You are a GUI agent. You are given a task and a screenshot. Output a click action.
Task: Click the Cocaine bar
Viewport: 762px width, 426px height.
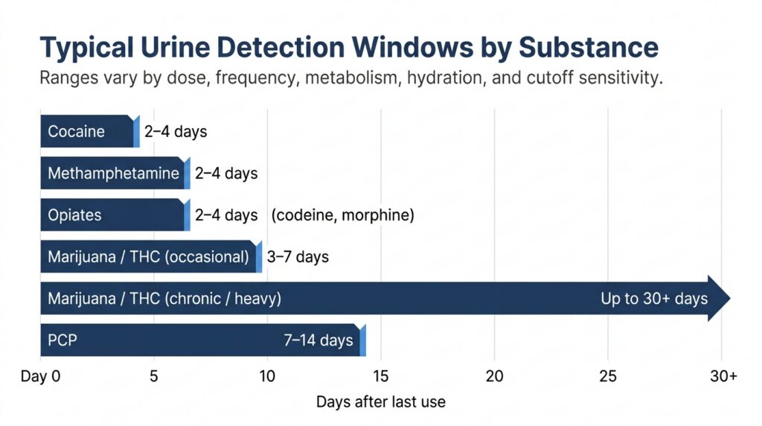[90, 131]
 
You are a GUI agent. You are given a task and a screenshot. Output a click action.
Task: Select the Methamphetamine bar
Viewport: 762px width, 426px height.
[115, 173]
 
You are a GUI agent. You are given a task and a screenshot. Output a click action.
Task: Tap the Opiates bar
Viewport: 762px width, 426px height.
[115, 215]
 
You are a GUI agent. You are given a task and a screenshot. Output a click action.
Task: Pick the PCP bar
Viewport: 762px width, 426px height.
[203, 340]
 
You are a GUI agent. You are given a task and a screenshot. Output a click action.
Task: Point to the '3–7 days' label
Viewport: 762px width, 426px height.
[298, 257]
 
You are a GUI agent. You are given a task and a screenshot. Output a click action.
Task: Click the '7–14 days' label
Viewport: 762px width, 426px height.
[318, 340]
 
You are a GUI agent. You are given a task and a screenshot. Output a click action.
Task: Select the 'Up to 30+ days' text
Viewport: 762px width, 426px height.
[654, 298]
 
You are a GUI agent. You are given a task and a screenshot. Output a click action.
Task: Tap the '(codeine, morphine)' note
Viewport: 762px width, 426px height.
[342, 215]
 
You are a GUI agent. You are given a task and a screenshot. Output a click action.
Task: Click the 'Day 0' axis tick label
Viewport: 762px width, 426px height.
[40, 376]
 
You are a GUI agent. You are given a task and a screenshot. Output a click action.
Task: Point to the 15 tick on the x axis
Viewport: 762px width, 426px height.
[381, 376]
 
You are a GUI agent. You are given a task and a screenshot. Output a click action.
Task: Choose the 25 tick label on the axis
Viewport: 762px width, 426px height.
[608, 376]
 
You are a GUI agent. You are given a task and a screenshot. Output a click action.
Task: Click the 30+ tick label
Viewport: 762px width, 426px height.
[723, 376]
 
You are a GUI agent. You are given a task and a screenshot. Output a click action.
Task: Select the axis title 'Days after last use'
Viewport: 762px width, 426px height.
[381, 401]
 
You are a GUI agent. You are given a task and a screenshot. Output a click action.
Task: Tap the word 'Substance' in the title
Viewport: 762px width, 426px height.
[589, 48]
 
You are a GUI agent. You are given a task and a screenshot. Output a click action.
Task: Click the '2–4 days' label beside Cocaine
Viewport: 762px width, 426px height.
[176, 131]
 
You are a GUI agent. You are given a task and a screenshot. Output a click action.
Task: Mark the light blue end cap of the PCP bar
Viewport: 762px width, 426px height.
[363, 340]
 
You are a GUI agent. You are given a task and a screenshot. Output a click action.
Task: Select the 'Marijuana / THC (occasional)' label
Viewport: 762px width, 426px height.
[148, 257]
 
